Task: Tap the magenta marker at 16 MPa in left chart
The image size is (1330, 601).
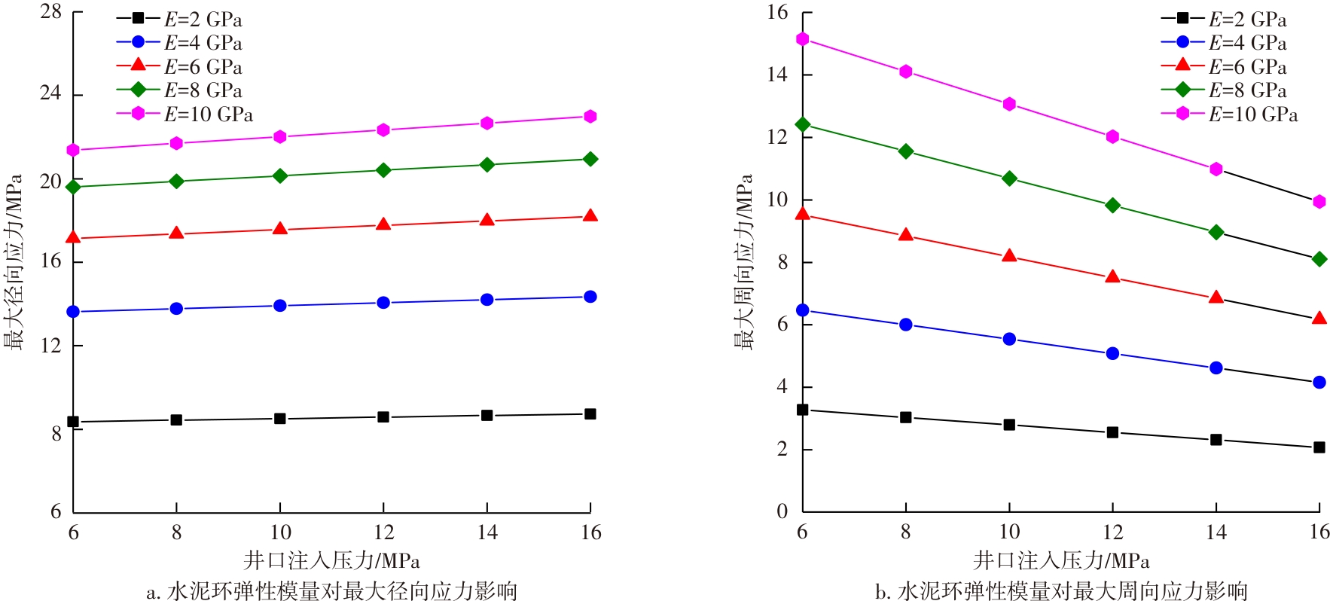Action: [590, 117]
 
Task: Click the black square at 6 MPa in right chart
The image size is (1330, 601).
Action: [803, 410]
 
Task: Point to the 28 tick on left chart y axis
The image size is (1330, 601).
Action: [51, 13]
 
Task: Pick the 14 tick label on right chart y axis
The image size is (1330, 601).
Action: [777, 75]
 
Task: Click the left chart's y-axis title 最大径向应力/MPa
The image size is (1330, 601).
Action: [14, 262]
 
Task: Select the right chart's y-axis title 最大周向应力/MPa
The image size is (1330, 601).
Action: [744, 262]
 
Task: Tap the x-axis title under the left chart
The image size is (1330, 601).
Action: [332, 561]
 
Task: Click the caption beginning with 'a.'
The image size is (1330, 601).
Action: [332, 591]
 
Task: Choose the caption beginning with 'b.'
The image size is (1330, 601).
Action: [1061, 591]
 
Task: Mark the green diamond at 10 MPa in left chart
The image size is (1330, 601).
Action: [280, 176]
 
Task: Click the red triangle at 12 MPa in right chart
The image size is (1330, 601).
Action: [1112, 277]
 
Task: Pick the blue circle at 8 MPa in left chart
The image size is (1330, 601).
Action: [176, 309]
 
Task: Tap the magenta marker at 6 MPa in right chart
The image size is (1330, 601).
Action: [803, 39]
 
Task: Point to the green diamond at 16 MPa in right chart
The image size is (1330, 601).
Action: [1319, 259]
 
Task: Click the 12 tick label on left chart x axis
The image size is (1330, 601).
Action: [383, 532]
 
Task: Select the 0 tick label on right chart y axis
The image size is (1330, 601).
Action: [782, 511]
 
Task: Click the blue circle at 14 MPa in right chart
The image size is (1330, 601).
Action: [1216, 368]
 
